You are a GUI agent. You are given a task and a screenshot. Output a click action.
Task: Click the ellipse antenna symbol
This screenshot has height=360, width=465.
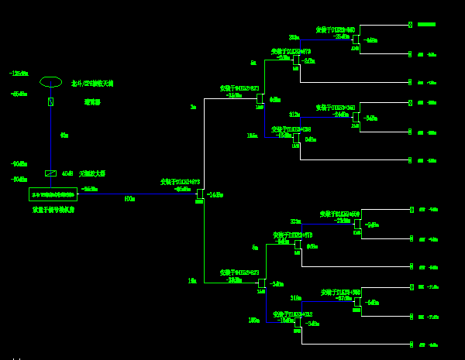(x=50, y=82)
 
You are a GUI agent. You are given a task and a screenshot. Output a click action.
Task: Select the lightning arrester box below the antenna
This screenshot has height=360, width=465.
(x=50, y=101)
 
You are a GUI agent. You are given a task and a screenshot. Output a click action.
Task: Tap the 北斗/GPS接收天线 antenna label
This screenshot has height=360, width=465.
(x=92, y=84)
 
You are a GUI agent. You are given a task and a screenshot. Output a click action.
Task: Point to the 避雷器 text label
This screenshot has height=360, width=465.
(x=92, y=101)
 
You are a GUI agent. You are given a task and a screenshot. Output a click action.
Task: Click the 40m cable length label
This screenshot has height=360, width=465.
(x=64, y=135)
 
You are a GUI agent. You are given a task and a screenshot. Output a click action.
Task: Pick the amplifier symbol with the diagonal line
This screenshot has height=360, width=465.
(x=50, y=173)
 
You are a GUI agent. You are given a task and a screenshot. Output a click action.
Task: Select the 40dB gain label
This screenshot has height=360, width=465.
(x=67, y=174)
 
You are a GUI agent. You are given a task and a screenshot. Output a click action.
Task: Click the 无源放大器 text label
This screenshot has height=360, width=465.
(x=92, y=174)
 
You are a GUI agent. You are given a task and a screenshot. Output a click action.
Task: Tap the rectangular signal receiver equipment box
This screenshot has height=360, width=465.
(x=53, y=194)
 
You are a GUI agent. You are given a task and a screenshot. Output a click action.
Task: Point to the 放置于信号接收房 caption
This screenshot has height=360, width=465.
(x=53, y=210)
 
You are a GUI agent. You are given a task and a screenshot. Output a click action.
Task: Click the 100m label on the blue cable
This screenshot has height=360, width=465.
(x=129, y=199)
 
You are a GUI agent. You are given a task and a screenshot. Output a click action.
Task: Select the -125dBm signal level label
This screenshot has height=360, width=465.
(x=19, y=74)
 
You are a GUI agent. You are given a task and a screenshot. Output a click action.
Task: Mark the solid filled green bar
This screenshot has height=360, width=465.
(x=426, y=25)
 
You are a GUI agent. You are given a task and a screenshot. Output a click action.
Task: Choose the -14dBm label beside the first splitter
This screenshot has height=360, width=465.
(x=215, y=195)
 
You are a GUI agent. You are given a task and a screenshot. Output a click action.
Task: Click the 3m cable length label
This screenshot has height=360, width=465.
(x=193, y=108)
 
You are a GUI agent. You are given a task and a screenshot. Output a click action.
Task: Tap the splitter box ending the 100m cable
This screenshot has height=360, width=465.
(x=200, y=194)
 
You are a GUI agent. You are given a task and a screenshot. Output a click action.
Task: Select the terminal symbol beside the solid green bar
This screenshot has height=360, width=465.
(x=411, y=25)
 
